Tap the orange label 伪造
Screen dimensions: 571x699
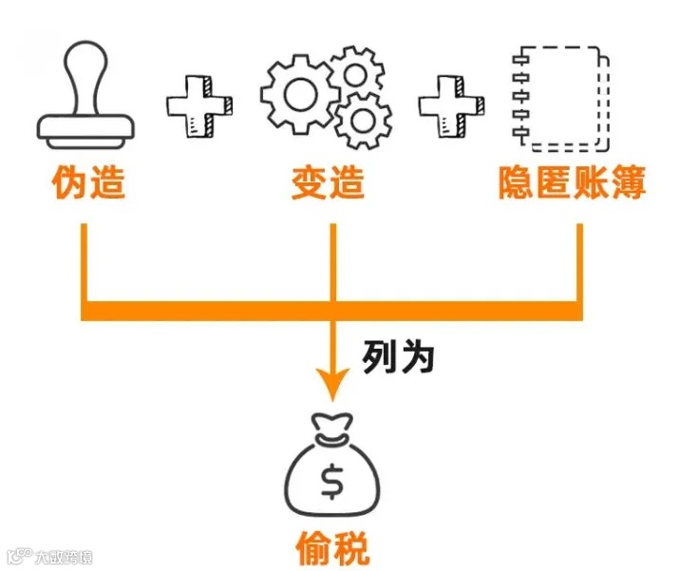[88, 183]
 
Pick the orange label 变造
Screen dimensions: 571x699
[328, 183]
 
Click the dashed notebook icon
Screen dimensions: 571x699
[557, 98]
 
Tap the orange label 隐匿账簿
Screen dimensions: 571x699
[571, 183]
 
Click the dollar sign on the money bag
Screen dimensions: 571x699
[331, 482]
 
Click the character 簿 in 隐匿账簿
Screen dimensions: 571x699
[627, 183]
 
